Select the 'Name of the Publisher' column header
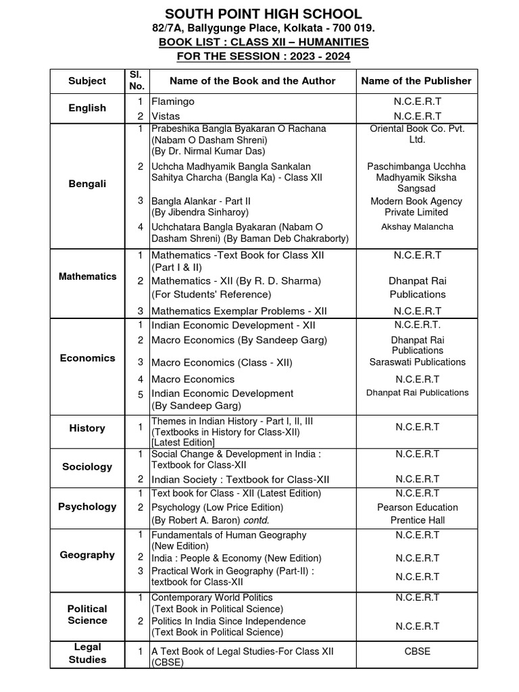pyautogui.click(x=416, y=80)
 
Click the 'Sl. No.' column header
pyautogui.click(x=137, y=80)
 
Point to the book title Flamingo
pyautogui.click(x=173, y=101)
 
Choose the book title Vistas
pyautogui.click(x=166, y=116)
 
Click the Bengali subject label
pyautogui.click(x=87, y=184)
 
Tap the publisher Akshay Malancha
pyautogui.click(x=417, y=227)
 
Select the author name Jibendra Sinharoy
pyautogui.click(x=205, y=212)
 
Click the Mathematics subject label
pyautogui.click(x=87, y=276)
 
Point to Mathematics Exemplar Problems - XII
pyautogui.click(x=239, y=311)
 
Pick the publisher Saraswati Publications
pyautogui.click(x=417, y=362)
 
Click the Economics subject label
pyautogui.click(x=87, y=358)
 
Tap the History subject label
pyautogui.click(x=87, y=428)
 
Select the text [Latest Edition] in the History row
pyautogui.click(x=183, y=443)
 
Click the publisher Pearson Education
pyautogui.click(x=417, y=508)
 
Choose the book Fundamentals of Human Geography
pyautogui.click(x=228, y=535)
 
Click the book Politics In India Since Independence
pyautogui.click(x=228, y=621)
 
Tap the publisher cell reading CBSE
pyautogui.click(x=417, y=651)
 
